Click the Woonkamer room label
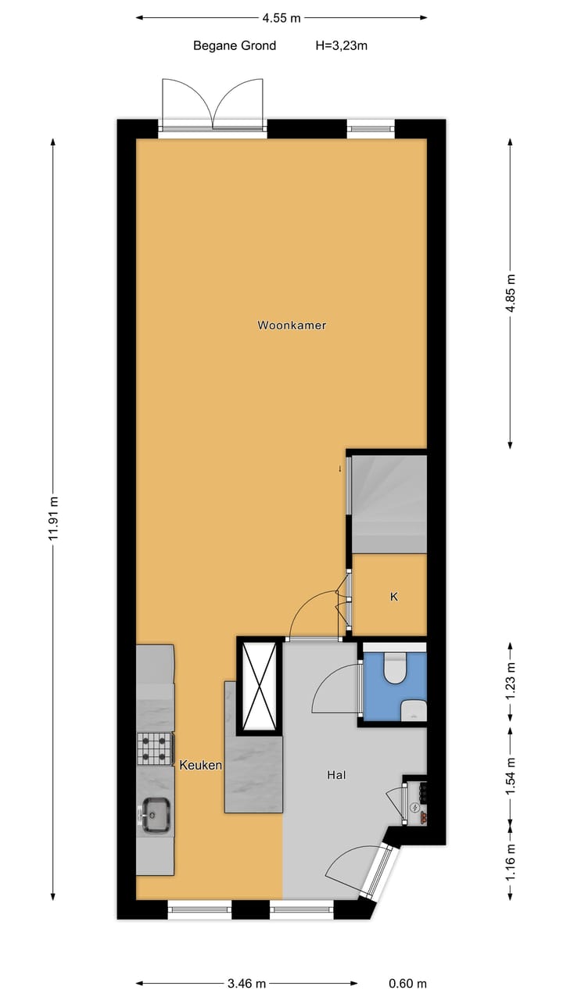coord(292,325)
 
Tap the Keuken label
coord(202,765)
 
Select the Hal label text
coord(336,775)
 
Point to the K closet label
coord(394,597)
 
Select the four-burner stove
coord(155,748)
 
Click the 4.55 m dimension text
coord(281,17)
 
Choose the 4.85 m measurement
coord(511,293)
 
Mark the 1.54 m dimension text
coord(511,777)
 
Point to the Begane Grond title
coord(235,45)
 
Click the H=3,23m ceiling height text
coord(342,45)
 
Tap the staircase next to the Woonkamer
coord(389,503)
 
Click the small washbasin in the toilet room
coord(414,710)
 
